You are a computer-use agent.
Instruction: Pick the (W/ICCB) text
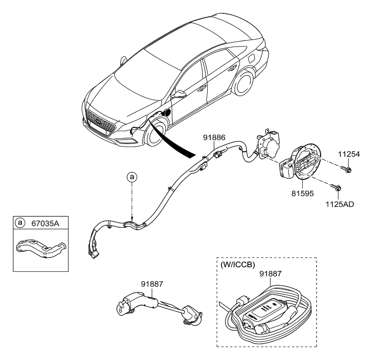[x=236, y=264]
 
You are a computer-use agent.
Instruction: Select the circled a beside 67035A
[x=20, y=223]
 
